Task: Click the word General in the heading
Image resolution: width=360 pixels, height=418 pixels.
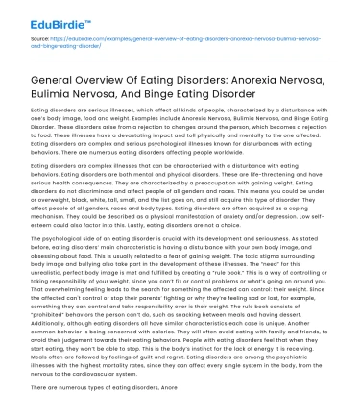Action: [x=55, y=81]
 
